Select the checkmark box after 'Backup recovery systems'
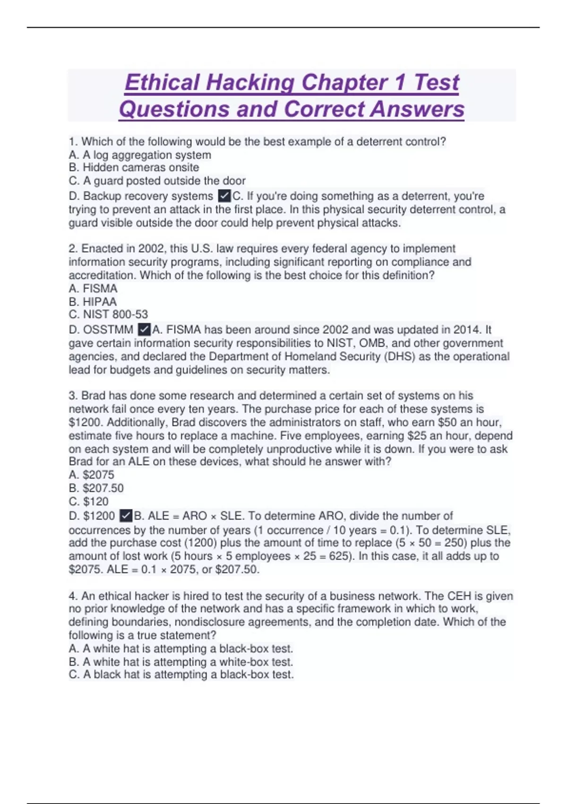point(224,196)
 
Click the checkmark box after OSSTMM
point(144,330)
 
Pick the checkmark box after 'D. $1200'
point(126,516)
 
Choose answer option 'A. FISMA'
point(93,288)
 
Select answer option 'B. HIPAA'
point(93,302)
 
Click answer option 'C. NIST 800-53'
point(108,315)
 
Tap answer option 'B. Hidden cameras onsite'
point(134,167)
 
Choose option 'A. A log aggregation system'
point(140,155)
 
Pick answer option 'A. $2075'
point(91,475)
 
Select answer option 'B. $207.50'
point(96,488)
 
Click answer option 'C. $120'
point(88,501)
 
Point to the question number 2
point(72,249)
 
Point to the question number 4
point(72,596)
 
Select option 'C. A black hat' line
point(181,675)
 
